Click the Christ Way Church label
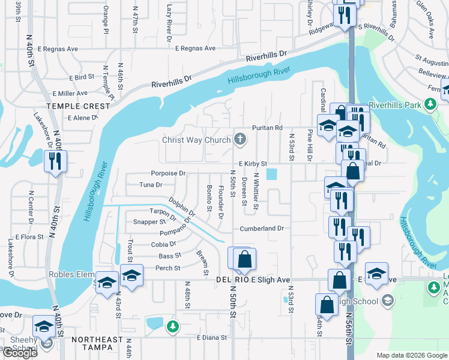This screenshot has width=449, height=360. [196, 140]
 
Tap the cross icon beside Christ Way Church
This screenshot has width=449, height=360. [240, 140]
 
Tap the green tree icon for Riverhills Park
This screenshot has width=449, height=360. [430, 104]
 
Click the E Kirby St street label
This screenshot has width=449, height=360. [252, 163]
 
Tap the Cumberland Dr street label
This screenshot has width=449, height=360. [261, 229]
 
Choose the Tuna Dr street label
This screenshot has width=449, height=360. [151, 185]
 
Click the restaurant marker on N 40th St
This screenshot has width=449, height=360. [55, 162]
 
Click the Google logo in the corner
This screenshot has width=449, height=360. [20, 353]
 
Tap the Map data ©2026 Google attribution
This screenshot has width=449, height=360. [411, 355]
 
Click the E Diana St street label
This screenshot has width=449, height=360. [212, 338]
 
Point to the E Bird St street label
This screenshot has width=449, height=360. [82, 77]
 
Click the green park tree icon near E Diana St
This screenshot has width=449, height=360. [173, 326]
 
